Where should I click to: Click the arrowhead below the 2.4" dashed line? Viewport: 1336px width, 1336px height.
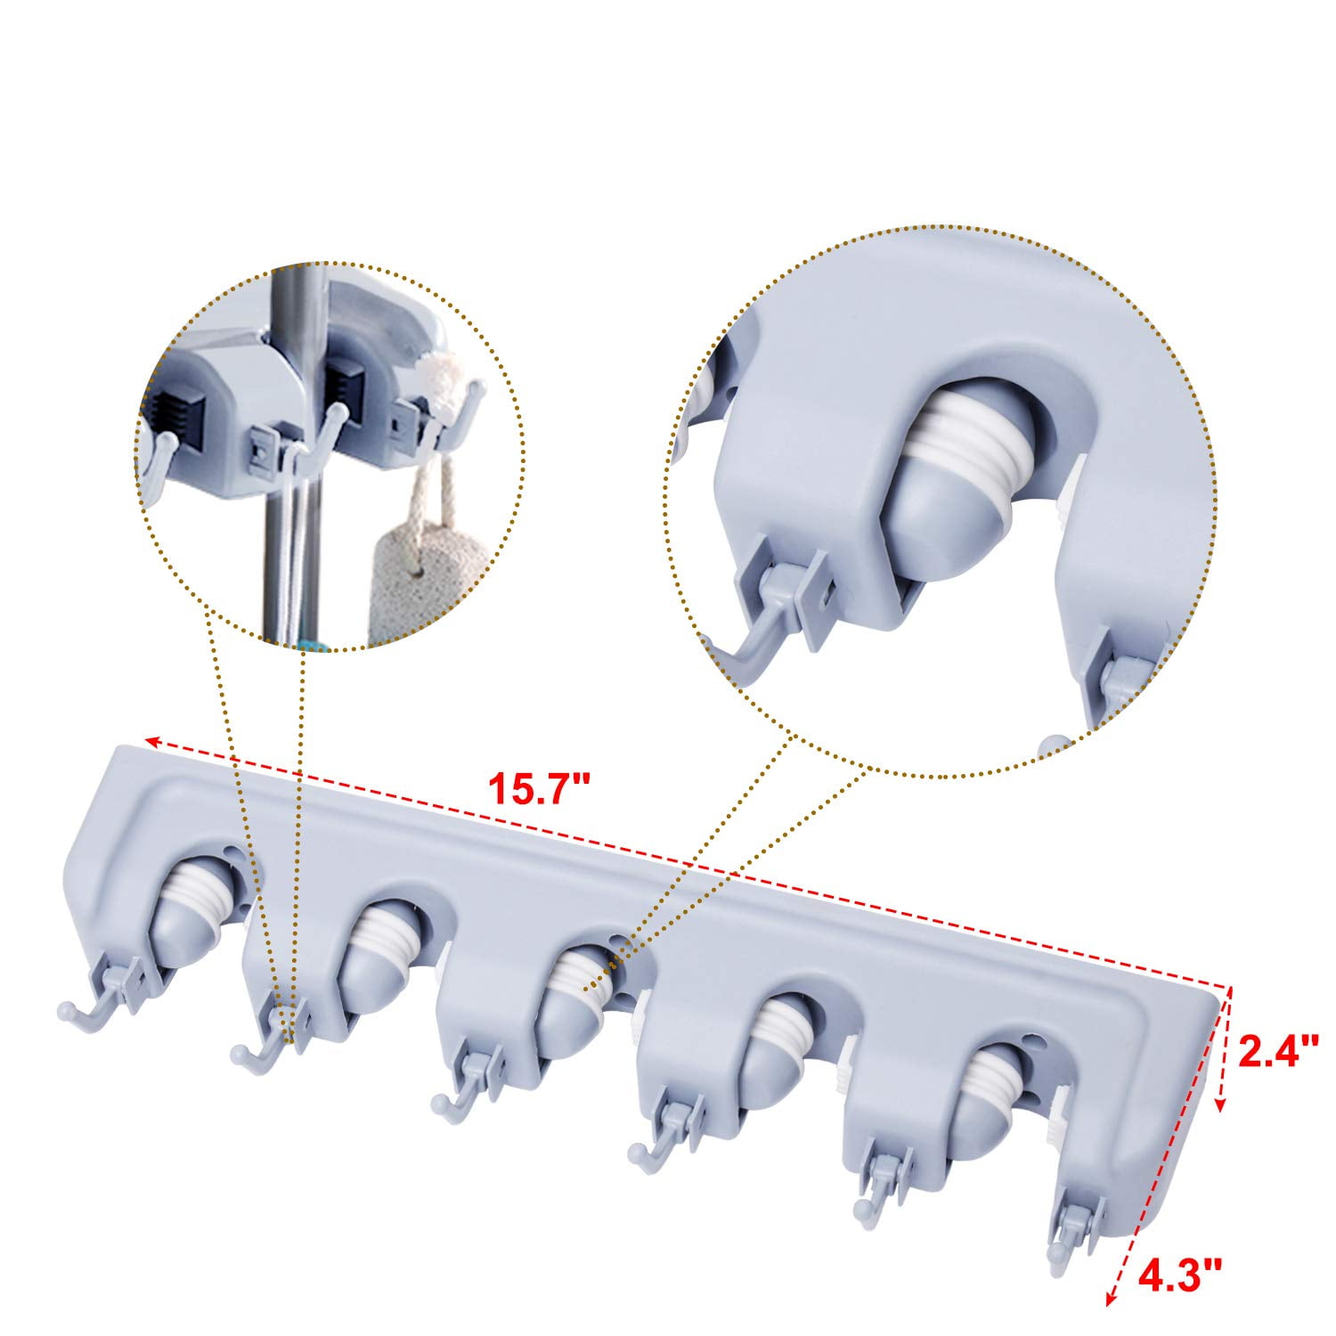click(1219, 1105)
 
